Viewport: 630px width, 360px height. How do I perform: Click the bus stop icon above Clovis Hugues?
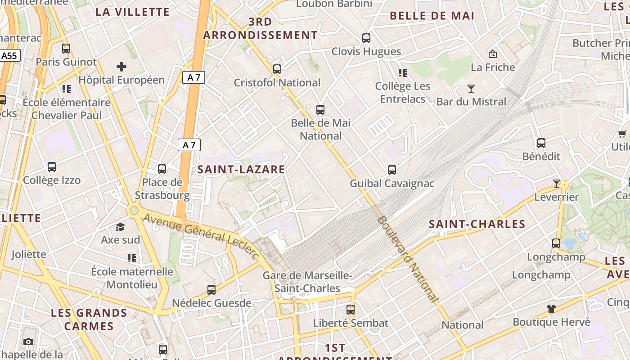tap(366, 38)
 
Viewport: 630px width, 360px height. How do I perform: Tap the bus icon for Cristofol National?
tap(277, 69)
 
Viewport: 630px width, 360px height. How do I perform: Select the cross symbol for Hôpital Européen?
tap(121, 67)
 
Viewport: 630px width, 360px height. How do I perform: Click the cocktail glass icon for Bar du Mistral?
tap(471, 89)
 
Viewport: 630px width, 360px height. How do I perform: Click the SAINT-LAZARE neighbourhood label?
tap(241, 169)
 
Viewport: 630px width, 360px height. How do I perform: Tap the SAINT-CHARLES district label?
tap(477, 224)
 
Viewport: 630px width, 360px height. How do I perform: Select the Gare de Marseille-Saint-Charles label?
tap(307, 282)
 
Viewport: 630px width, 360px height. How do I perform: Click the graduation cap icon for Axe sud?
tap(120, 227)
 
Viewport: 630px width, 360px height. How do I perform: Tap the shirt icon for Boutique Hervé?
tap(551, 309)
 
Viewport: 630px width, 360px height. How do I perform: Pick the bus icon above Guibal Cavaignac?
tap(392, 170)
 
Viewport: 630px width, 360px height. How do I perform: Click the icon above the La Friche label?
tap(493, 54)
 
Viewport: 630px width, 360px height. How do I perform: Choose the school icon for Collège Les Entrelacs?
tap(403, 72)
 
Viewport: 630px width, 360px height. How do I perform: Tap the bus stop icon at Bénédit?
tap(541, 143)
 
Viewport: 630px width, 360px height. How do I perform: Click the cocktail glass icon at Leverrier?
tap(557, 184)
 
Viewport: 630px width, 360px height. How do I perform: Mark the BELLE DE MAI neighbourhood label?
tap(432, 16)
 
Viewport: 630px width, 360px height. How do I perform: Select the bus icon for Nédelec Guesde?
tap(211, 290)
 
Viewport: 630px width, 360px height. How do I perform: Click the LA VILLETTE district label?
tap(133, 12)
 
